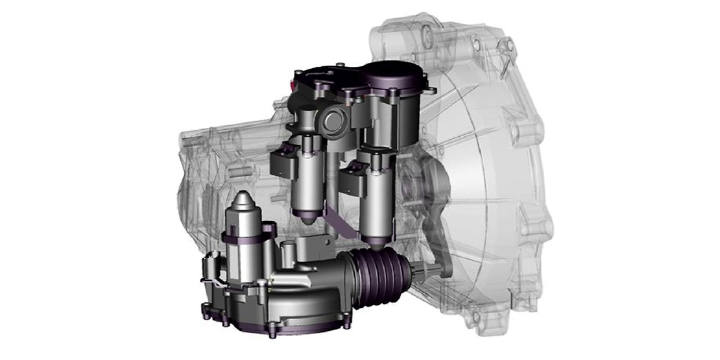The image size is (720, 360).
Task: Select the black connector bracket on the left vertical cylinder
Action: click(283, 162)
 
